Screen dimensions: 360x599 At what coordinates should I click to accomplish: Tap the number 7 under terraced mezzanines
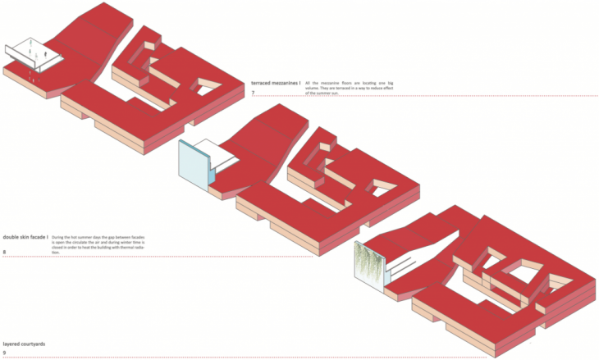(x=254, y=93)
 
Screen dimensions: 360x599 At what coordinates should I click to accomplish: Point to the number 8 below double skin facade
(x=5, y=251)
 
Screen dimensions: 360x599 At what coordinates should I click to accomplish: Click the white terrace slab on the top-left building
(x=33, y=52)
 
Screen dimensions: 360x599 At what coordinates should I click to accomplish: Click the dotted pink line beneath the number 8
(x=156, y=257)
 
